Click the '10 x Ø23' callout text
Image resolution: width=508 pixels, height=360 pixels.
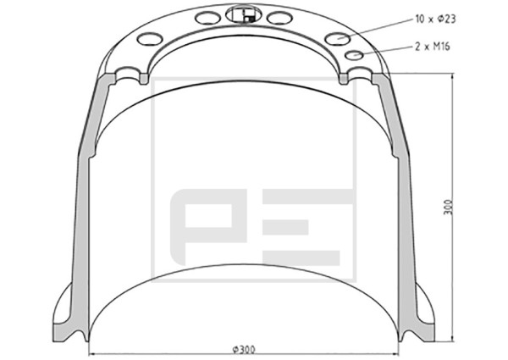pyautogui.click(x=435, y=19)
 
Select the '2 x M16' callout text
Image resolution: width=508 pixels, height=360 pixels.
pyautogui.click(x=433, y=47)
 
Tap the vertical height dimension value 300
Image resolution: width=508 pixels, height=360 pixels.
pyautogui.click(x=448, y=207)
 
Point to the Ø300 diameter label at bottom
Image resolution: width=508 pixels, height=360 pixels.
pyautogui.click(x=244, y=349)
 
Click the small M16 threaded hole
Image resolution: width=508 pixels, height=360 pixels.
pyautogui.click(x=354, y=55)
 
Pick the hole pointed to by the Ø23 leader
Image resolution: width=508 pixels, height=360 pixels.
pyautogui.click(x=338, y=39)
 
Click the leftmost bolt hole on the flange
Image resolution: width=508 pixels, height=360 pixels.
pyautogui.click(x=150, y=39)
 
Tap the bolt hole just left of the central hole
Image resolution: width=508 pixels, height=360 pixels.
pyautogui.click(x=207, y=18)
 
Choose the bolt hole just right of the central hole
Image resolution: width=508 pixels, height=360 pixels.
pyautogui.click(x=280, y=18)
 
